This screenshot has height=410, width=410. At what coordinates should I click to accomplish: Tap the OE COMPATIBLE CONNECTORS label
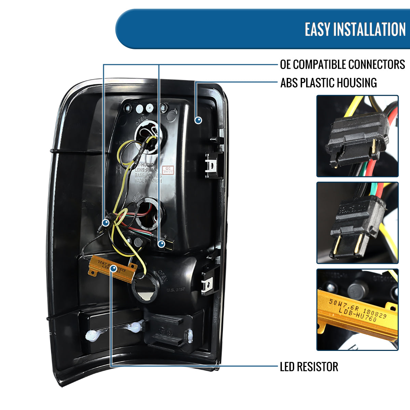click(x=342, y=65)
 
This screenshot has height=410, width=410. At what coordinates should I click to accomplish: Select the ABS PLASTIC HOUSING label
click(x=328, y=83)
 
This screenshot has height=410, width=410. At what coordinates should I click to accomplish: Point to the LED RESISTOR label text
click(x=309, y=367)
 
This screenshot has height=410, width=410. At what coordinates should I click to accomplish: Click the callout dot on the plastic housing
click(x=198, y=120)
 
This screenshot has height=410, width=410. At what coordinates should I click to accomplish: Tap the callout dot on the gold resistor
click(x=113, y=270)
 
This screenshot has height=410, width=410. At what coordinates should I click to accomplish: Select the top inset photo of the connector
click(x=357, y=136)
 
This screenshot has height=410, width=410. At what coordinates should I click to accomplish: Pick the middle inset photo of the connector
click(x=357, y=223)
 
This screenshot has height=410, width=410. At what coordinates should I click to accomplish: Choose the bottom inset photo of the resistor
click(x=357, y=310)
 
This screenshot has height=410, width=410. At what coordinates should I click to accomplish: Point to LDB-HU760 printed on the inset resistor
click(x=357, y=314)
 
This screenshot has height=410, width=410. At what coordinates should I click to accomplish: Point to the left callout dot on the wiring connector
click(x=106, y=223)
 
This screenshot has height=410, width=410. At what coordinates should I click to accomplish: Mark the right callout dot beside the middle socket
click(x=161, y=244)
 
